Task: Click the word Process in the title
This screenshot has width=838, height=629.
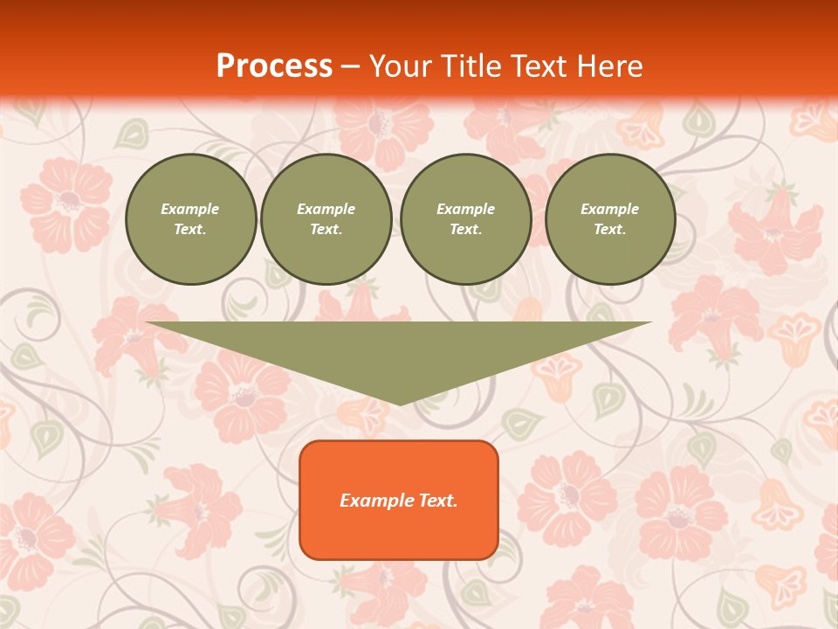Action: click(274, 66)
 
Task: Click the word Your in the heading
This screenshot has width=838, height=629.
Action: click(402, 66)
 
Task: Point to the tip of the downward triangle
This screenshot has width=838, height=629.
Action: click(400, 404)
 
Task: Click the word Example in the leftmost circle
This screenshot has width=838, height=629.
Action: click(190, 209)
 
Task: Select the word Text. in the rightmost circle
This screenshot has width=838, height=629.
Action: click(610, 229)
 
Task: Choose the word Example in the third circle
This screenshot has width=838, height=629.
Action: click(465, 209)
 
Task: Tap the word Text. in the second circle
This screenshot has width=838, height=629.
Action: click(326, 229)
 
